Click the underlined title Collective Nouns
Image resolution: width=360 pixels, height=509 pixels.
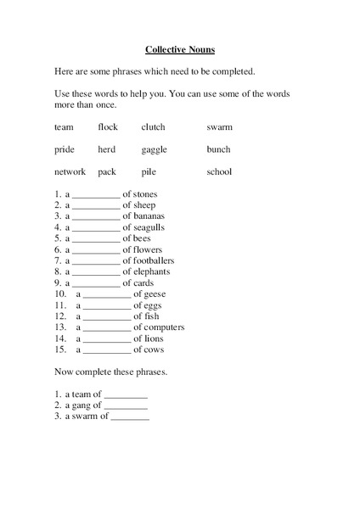[180, 50]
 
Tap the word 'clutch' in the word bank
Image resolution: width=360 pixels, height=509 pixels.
[153, 127]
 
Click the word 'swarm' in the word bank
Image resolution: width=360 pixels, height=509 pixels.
[219, 127]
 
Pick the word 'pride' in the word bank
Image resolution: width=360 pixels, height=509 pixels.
[64, 149]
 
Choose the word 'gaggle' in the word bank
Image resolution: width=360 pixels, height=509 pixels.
[154, 150]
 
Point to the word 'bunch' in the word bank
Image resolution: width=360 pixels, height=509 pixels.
[218, 149]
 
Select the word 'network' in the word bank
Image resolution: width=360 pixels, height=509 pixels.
[70, 171]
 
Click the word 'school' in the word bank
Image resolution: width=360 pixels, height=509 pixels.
[219, 171]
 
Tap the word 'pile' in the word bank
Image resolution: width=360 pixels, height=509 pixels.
[149, 172]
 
